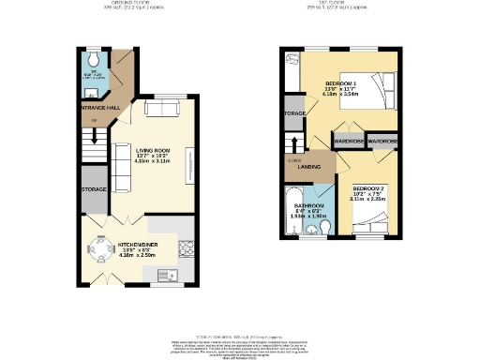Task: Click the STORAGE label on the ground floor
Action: pyautogui.click(x=94, y=189)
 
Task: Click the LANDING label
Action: pyautogui.click(x=309, y=169)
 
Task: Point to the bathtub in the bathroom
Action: pyautogui.click(x=292, y=210)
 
